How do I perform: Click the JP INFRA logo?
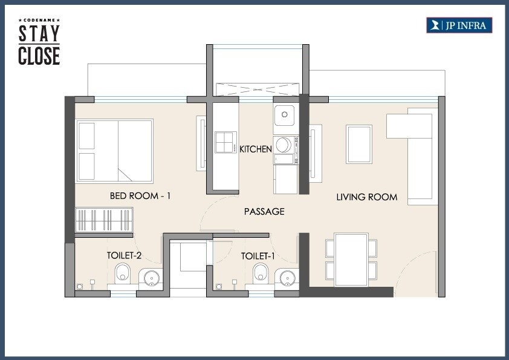[459, 25]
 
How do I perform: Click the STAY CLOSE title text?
[39, 44]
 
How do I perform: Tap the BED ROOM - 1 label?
[140, 196]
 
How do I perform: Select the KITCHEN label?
[256, 149]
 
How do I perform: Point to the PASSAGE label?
[264, 212]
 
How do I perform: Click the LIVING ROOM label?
[367, 197]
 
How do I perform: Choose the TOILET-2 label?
[124, 256]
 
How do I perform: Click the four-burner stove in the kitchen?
[225, 143]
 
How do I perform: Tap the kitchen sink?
[284, 115]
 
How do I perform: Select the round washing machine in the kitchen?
[283, 145]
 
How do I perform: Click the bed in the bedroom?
[114, 151]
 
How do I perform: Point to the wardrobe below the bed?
[104, 219]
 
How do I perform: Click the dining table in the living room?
[352, 259]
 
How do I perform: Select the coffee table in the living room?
[359, 143]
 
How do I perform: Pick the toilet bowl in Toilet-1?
[261, 273]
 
